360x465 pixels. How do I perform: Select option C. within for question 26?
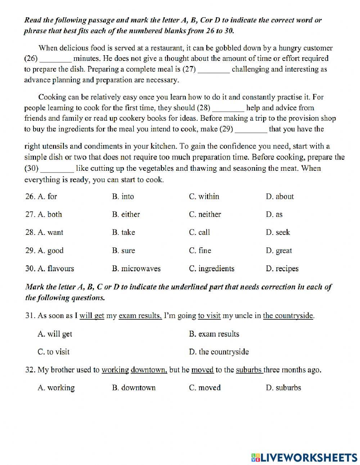(204, 197)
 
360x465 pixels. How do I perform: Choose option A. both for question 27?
(50, 215)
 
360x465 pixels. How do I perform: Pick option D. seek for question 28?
(278, 233)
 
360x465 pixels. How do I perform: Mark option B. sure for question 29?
(123, 251)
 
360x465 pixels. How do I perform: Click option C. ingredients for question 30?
(212, 269)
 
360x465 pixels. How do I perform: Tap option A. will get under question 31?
(55, 334)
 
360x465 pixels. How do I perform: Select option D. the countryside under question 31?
(219, 352)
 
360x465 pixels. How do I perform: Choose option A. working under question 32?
(56, 388)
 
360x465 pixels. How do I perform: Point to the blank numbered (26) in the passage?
(55, 59)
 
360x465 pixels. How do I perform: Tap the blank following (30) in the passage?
(58, 169)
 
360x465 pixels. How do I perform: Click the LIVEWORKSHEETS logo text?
(304, 457)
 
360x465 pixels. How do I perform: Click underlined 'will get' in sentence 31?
(92, 316)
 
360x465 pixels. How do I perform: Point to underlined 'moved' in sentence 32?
(202, 370)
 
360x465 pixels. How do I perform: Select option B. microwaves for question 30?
(136, 269)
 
